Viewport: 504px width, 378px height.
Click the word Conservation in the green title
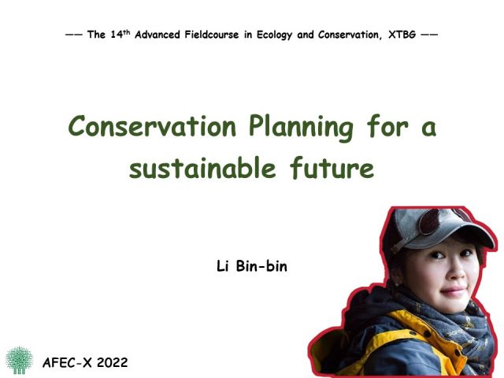[x=152, y=126]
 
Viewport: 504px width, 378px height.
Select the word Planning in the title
[x=301, y=128]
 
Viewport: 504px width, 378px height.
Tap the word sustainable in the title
[x=202, y=168]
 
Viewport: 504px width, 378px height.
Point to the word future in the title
[x=332, y=168]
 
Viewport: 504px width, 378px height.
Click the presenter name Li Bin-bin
[x=252, y=266]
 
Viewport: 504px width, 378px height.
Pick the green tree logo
[x=19, y=360]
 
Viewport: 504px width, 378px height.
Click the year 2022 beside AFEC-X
[x=112, y=362]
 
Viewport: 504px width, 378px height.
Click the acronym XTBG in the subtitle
[x=402, y=35]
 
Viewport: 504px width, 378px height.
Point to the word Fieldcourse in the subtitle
[x=212, y=35]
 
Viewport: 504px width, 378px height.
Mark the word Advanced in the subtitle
[x=157, y=35]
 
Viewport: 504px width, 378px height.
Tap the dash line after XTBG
[x=429, y=34]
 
